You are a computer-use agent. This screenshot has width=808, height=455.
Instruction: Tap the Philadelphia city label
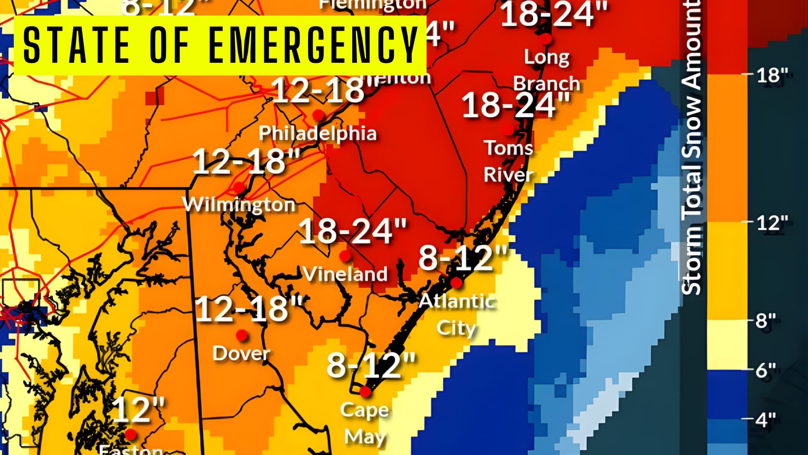317,133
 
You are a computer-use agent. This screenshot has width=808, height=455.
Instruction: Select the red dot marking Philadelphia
318,115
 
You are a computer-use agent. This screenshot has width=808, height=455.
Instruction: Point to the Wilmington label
239,205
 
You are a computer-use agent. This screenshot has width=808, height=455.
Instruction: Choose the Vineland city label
345,274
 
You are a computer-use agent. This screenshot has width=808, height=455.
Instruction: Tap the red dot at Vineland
345,255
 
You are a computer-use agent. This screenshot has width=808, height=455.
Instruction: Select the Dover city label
241,353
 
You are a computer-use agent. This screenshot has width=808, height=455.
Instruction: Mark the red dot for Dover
242,335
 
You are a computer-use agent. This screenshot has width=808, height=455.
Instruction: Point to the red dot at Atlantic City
456,283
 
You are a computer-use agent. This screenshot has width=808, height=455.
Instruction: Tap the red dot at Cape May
365,391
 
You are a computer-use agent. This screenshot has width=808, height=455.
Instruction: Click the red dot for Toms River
509,129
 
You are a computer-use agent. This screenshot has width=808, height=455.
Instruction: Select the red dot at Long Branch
546,39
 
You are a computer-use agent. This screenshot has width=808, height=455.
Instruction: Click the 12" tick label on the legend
772,222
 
